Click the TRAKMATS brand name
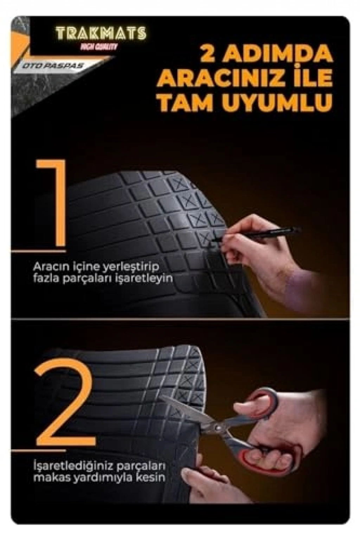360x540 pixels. [101, 33]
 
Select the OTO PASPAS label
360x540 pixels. [53, 66]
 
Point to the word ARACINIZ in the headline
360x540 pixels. [220, 78]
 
